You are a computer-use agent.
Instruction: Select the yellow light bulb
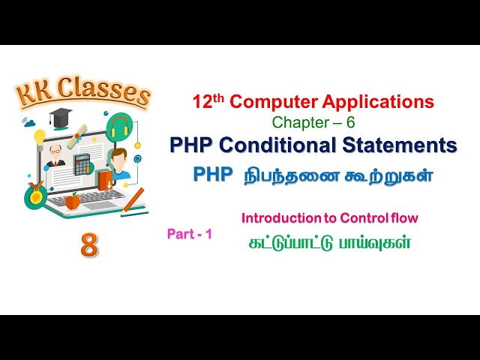click(39, 136)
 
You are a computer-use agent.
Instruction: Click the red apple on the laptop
click(72, 201)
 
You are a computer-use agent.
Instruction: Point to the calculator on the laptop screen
click(82, 164)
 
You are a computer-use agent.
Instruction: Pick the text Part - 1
click(190, 234)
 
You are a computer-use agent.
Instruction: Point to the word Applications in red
click(379, 101)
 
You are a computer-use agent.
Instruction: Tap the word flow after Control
click(402, 218)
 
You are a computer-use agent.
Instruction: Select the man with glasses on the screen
click(55, 156)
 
